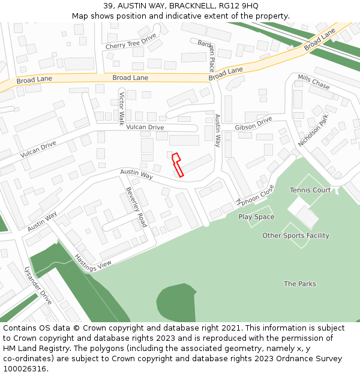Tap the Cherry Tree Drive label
coord(130,41)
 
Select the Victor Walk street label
coord(121,108)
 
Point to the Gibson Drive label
coord(253,124)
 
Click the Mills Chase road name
coord(313,82)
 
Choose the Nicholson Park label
coord(314,130)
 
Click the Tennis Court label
coord(310,190)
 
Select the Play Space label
coord(256,217)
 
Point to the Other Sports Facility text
coord(296,235)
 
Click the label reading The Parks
coord(300,284)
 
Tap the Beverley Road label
coord(136,207)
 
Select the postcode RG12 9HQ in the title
coord(238,5)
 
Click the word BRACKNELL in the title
coord(189,5)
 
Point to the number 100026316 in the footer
coord(25,368)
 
